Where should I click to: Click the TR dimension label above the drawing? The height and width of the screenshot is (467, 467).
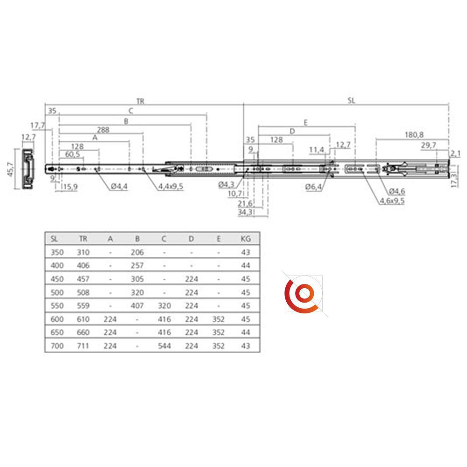(140, 101)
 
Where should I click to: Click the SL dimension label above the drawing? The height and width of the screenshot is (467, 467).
(352, 101)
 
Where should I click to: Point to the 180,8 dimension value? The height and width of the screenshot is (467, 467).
(414, 135)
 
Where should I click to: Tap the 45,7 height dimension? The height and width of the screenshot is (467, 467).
(10, 169)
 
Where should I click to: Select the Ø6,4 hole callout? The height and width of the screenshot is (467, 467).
(313, 187)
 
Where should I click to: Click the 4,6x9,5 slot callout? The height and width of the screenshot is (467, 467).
(392, 201)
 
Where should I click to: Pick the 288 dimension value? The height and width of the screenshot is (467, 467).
(103, 130)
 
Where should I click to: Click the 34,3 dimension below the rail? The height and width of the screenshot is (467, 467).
(245, 212)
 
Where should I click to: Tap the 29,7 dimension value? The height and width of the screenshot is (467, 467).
(429, 145)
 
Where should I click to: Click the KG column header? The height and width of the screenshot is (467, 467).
(246, 239)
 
